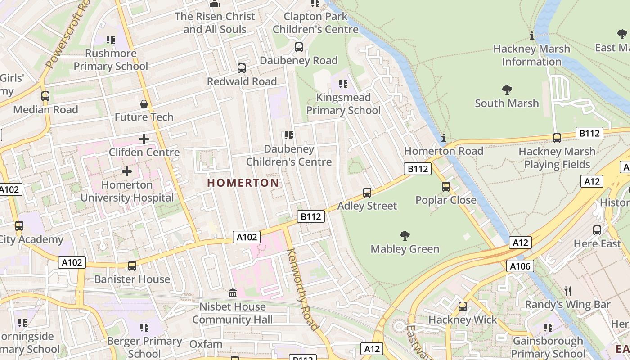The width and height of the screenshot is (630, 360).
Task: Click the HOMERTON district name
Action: [243, 183]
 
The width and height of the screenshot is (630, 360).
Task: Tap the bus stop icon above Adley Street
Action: [367, 193]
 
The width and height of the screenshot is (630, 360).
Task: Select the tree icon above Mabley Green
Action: [405, 235]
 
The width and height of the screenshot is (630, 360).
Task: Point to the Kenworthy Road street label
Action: [303, 289]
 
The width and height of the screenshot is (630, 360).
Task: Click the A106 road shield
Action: [520, 266]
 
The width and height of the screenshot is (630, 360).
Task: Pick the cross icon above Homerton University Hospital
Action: [127, 171]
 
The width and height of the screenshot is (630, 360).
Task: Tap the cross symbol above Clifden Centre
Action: [144, 139]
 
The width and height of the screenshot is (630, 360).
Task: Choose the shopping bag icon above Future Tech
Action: [144, 104]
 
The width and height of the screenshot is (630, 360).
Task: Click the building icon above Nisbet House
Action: [233, 293]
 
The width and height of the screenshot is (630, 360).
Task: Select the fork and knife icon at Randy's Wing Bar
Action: [568, 291]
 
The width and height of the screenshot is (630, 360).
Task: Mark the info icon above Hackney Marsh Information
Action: [532, 36]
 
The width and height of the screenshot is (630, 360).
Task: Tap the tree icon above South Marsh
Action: [507, 90]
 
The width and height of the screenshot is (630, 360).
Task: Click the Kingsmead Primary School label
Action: [343, 104]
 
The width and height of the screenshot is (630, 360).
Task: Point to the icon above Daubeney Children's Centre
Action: [289, 135]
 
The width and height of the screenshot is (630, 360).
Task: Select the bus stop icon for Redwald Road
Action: [242, 68]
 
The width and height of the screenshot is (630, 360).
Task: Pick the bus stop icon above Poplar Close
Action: [446, 186]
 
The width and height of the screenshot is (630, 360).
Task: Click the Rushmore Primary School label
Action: [111, 60]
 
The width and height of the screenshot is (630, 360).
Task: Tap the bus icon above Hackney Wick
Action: [462, 306]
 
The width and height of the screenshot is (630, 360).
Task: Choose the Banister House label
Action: [132, 279]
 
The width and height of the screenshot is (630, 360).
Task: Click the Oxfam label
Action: [206, 344]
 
